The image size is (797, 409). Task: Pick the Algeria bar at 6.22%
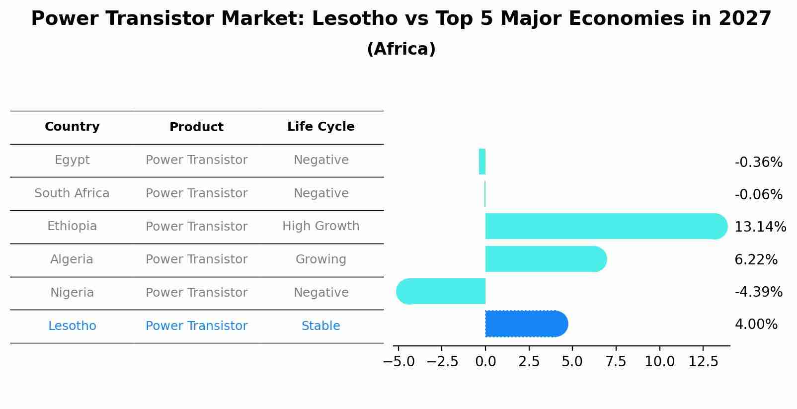(545, 259)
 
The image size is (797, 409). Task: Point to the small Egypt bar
(482, 162)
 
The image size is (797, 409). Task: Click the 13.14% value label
(760, 227)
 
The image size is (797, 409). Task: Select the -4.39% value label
(758, 292)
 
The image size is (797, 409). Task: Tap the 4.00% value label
(756, 325)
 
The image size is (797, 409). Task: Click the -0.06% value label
(758, 195)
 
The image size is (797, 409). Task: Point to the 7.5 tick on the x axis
(616, 362)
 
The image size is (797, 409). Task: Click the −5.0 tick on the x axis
(398, 362)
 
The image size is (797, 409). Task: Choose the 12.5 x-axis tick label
(703, 362)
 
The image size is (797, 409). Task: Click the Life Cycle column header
(320, 127)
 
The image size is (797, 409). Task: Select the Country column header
(72, 127)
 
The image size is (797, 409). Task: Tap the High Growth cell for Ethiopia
(320, 226)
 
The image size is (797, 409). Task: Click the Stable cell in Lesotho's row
(320, 326)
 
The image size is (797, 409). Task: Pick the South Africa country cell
(72, 193)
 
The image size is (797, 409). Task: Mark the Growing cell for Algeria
(320, 259)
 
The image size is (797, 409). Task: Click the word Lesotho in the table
(72, 326)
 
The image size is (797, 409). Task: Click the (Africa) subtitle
(401, 49)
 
